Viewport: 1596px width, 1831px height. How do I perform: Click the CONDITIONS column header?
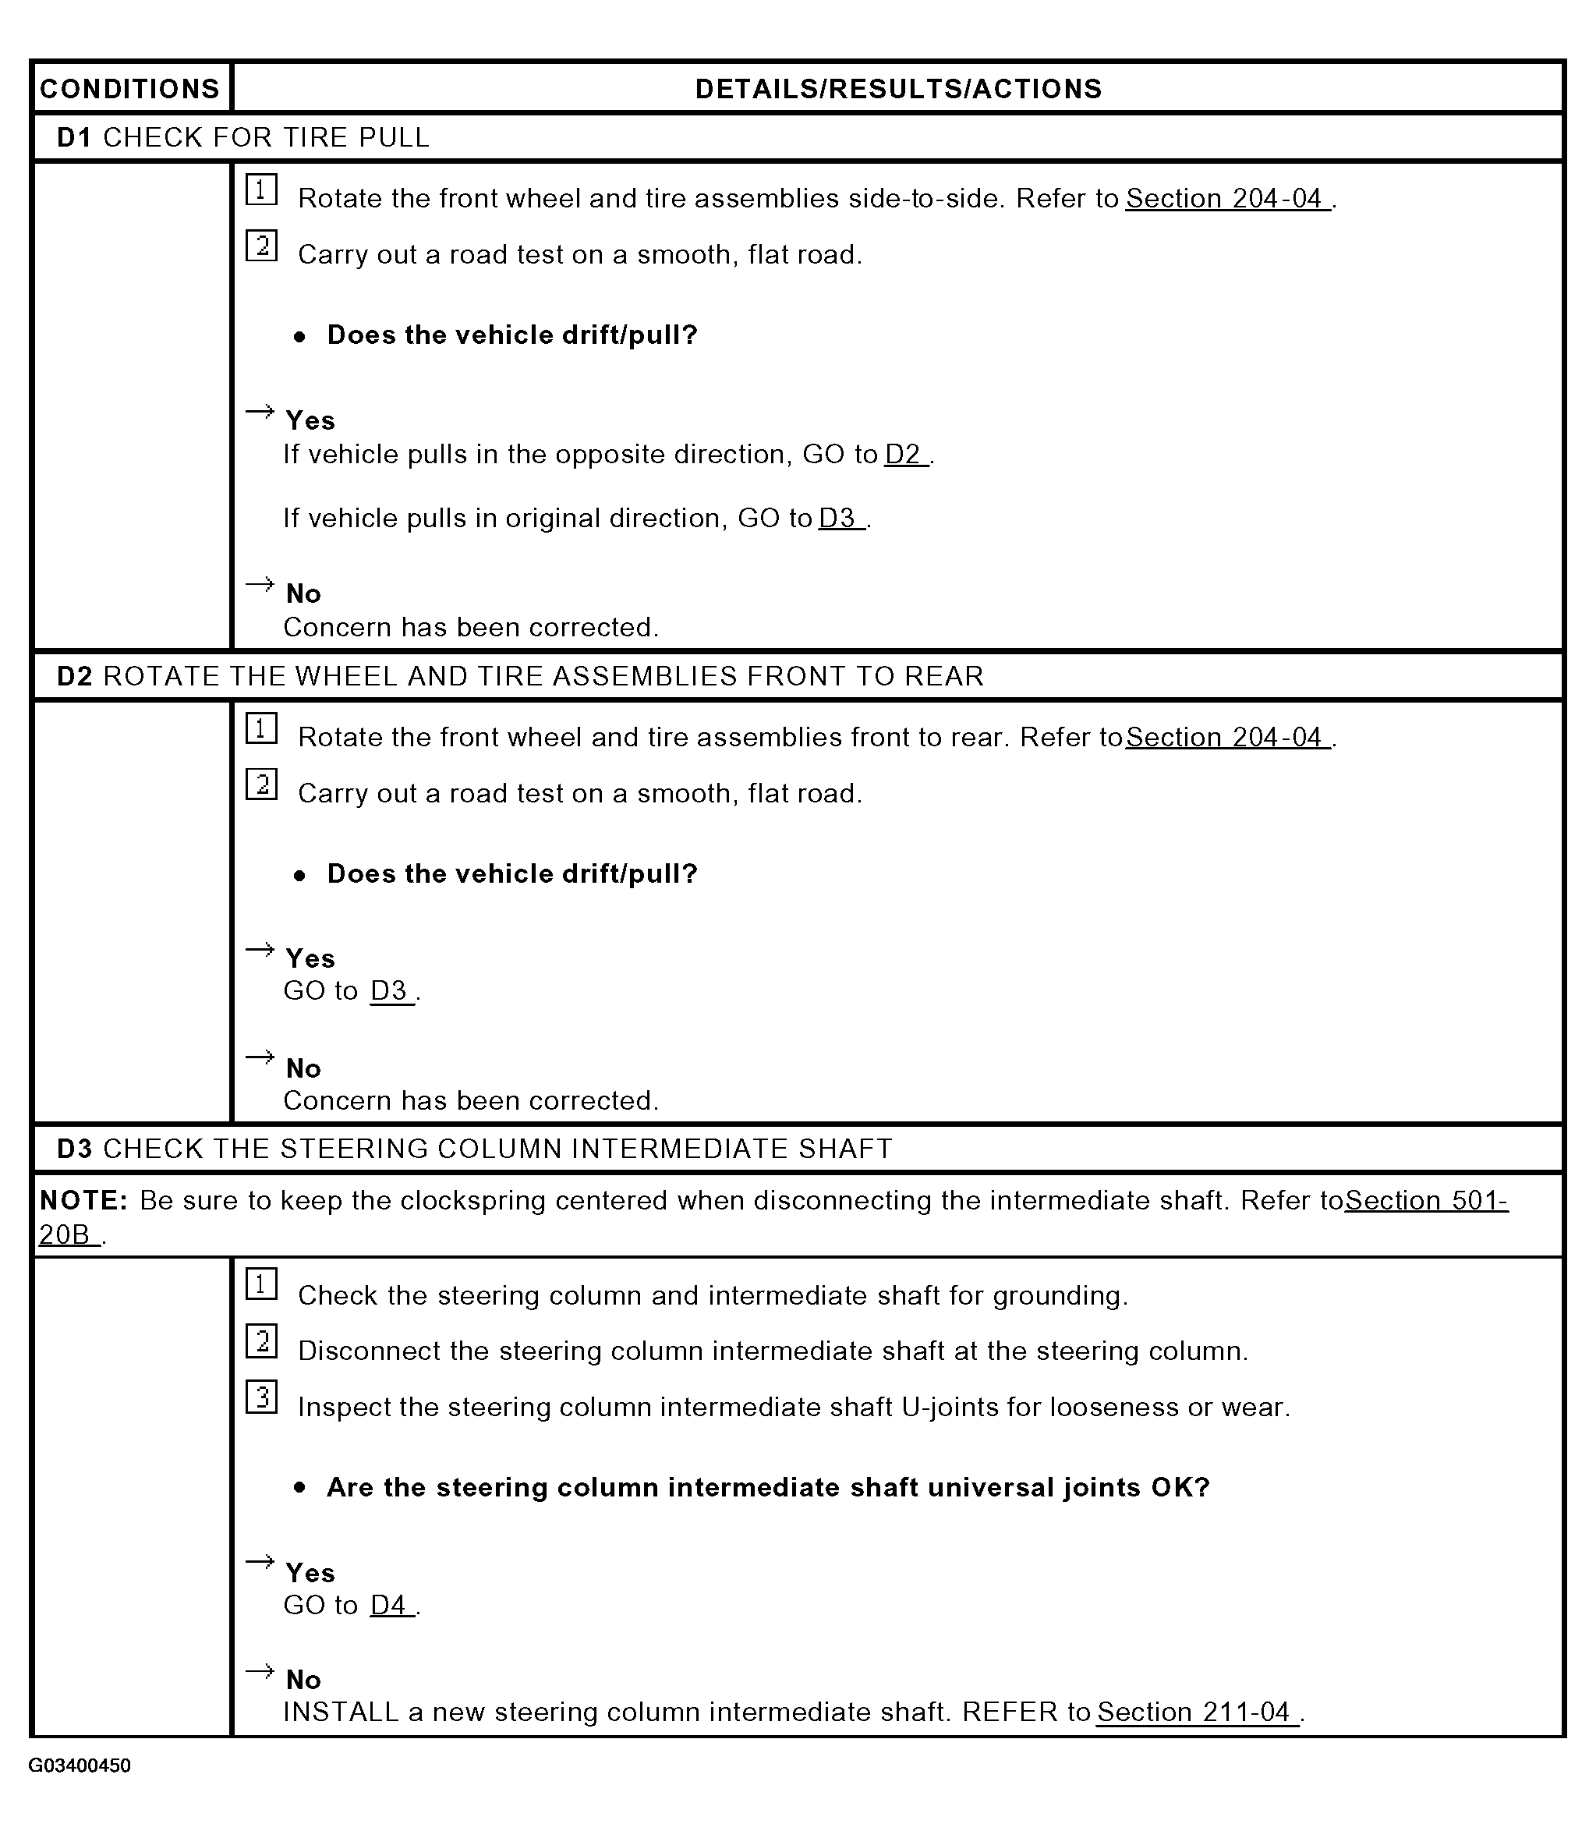click(130, 88)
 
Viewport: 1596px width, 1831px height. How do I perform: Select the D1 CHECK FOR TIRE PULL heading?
click(243, 137)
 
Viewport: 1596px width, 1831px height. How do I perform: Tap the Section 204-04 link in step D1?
click(1227, 198)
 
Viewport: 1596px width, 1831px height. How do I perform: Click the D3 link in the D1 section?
click(840, 519)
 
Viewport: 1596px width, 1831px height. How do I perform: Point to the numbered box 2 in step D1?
click(262, 246)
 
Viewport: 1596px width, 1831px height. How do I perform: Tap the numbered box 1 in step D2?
click(262, 728)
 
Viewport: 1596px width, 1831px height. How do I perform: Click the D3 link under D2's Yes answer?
click(391, 990)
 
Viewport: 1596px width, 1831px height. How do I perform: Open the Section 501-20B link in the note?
click(1425, 1200)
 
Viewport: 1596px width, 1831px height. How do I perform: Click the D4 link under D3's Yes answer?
click(391, 1605)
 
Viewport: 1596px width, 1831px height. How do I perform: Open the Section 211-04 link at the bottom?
click(1196, 1712)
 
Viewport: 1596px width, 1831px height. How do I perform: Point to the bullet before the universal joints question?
click(300, 1488)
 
